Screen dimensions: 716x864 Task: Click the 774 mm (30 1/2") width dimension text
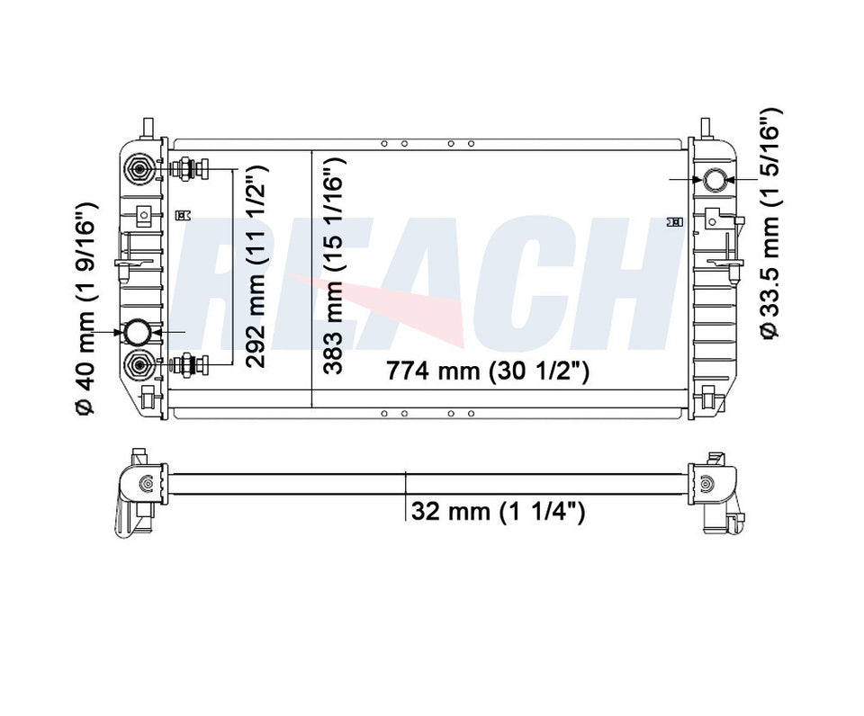(487, 371)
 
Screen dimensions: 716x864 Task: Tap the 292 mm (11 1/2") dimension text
(256, 266)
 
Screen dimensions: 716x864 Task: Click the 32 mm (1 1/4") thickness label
(498, 512)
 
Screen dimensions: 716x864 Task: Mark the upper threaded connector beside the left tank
(189, 168)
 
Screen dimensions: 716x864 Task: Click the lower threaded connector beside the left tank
(189, 364)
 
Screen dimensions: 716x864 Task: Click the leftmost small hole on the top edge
(383, 144)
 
